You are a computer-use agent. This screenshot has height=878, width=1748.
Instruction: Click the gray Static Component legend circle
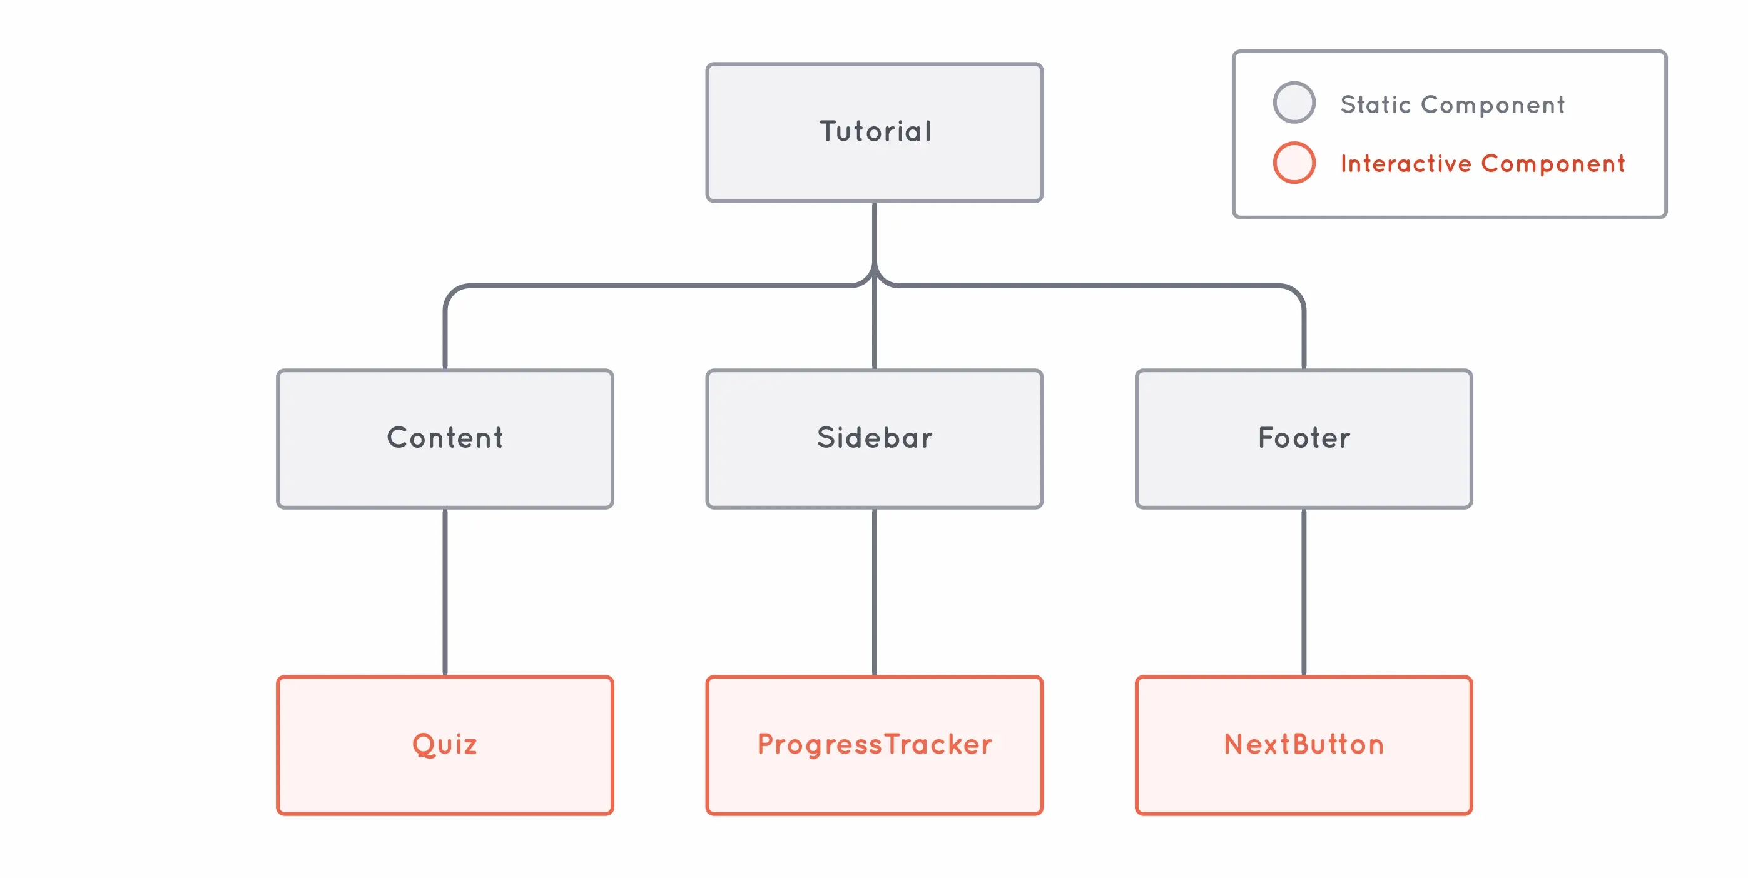point(1294,103)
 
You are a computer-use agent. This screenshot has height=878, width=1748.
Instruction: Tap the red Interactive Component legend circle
point(1294,163)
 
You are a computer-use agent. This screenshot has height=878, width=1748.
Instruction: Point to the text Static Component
point(1452,104)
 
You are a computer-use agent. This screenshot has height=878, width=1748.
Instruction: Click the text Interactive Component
point(1483,163)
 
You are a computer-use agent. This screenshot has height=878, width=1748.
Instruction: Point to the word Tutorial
point(875,131)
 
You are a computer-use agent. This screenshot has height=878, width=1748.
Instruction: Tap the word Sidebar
point(874,438)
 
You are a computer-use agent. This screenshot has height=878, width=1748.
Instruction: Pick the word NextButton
point(1304,744)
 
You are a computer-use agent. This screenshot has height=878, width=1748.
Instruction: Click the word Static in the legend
point(1376,104)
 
